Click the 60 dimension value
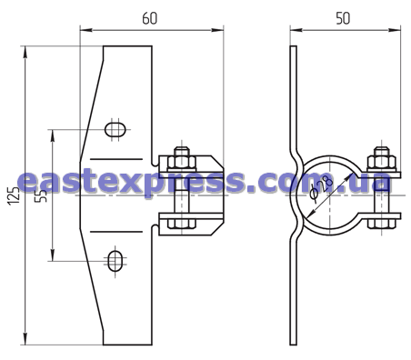coord(150,18)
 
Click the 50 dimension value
coord(343,18)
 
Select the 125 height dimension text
coord(14,195)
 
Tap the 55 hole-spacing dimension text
coord(41,195)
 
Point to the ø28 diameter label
coord(320,187)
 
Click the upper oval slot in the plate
coord(115,129)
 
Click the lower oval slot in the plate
coord(115,261)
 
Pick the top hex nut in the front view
coord(182,162)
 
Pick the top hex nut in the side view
coord(382,163)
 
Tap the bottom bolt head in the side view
coord(382,224)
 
